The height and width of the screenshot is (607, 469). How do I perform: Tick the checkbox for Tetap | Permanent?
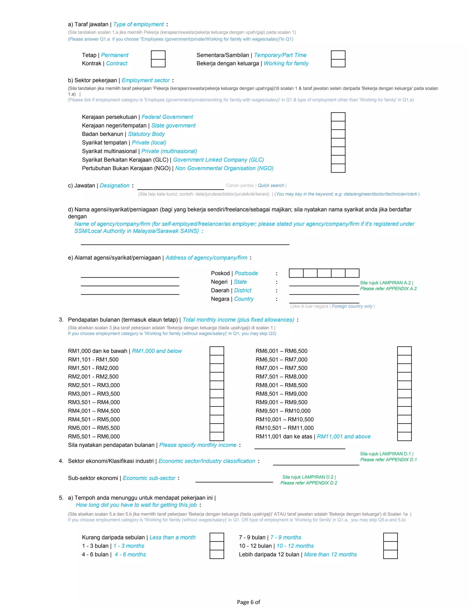[158, 55]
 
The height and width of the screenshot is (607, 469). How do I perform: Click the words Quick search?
[271, 185]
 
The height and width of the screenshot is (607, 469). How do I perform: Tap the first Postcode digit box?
[296, 273]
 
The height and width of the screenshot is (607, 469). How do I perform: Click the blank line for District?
[324, 291]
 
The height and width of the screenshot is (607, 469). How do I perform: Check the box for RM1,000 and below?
[217, 351]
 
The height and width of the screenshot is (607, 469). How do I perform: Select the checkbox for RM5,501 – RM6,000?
[217, 436]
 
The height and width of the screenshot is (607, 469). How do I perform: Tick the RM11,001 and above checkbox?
[404, 436]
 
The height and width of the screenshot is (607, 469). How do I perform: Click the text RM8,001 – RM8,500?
[281, 385]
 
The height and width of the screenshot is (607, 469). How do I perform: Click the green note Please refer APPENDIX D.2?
[308, 483]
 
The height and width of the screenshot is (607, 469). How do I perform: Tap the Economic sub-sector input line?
[234, 479]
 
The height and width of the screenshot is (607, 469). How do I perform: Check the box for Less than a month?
[217, 537]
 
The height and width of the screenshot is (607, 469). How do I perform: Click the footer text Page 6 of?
[248, 602]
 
